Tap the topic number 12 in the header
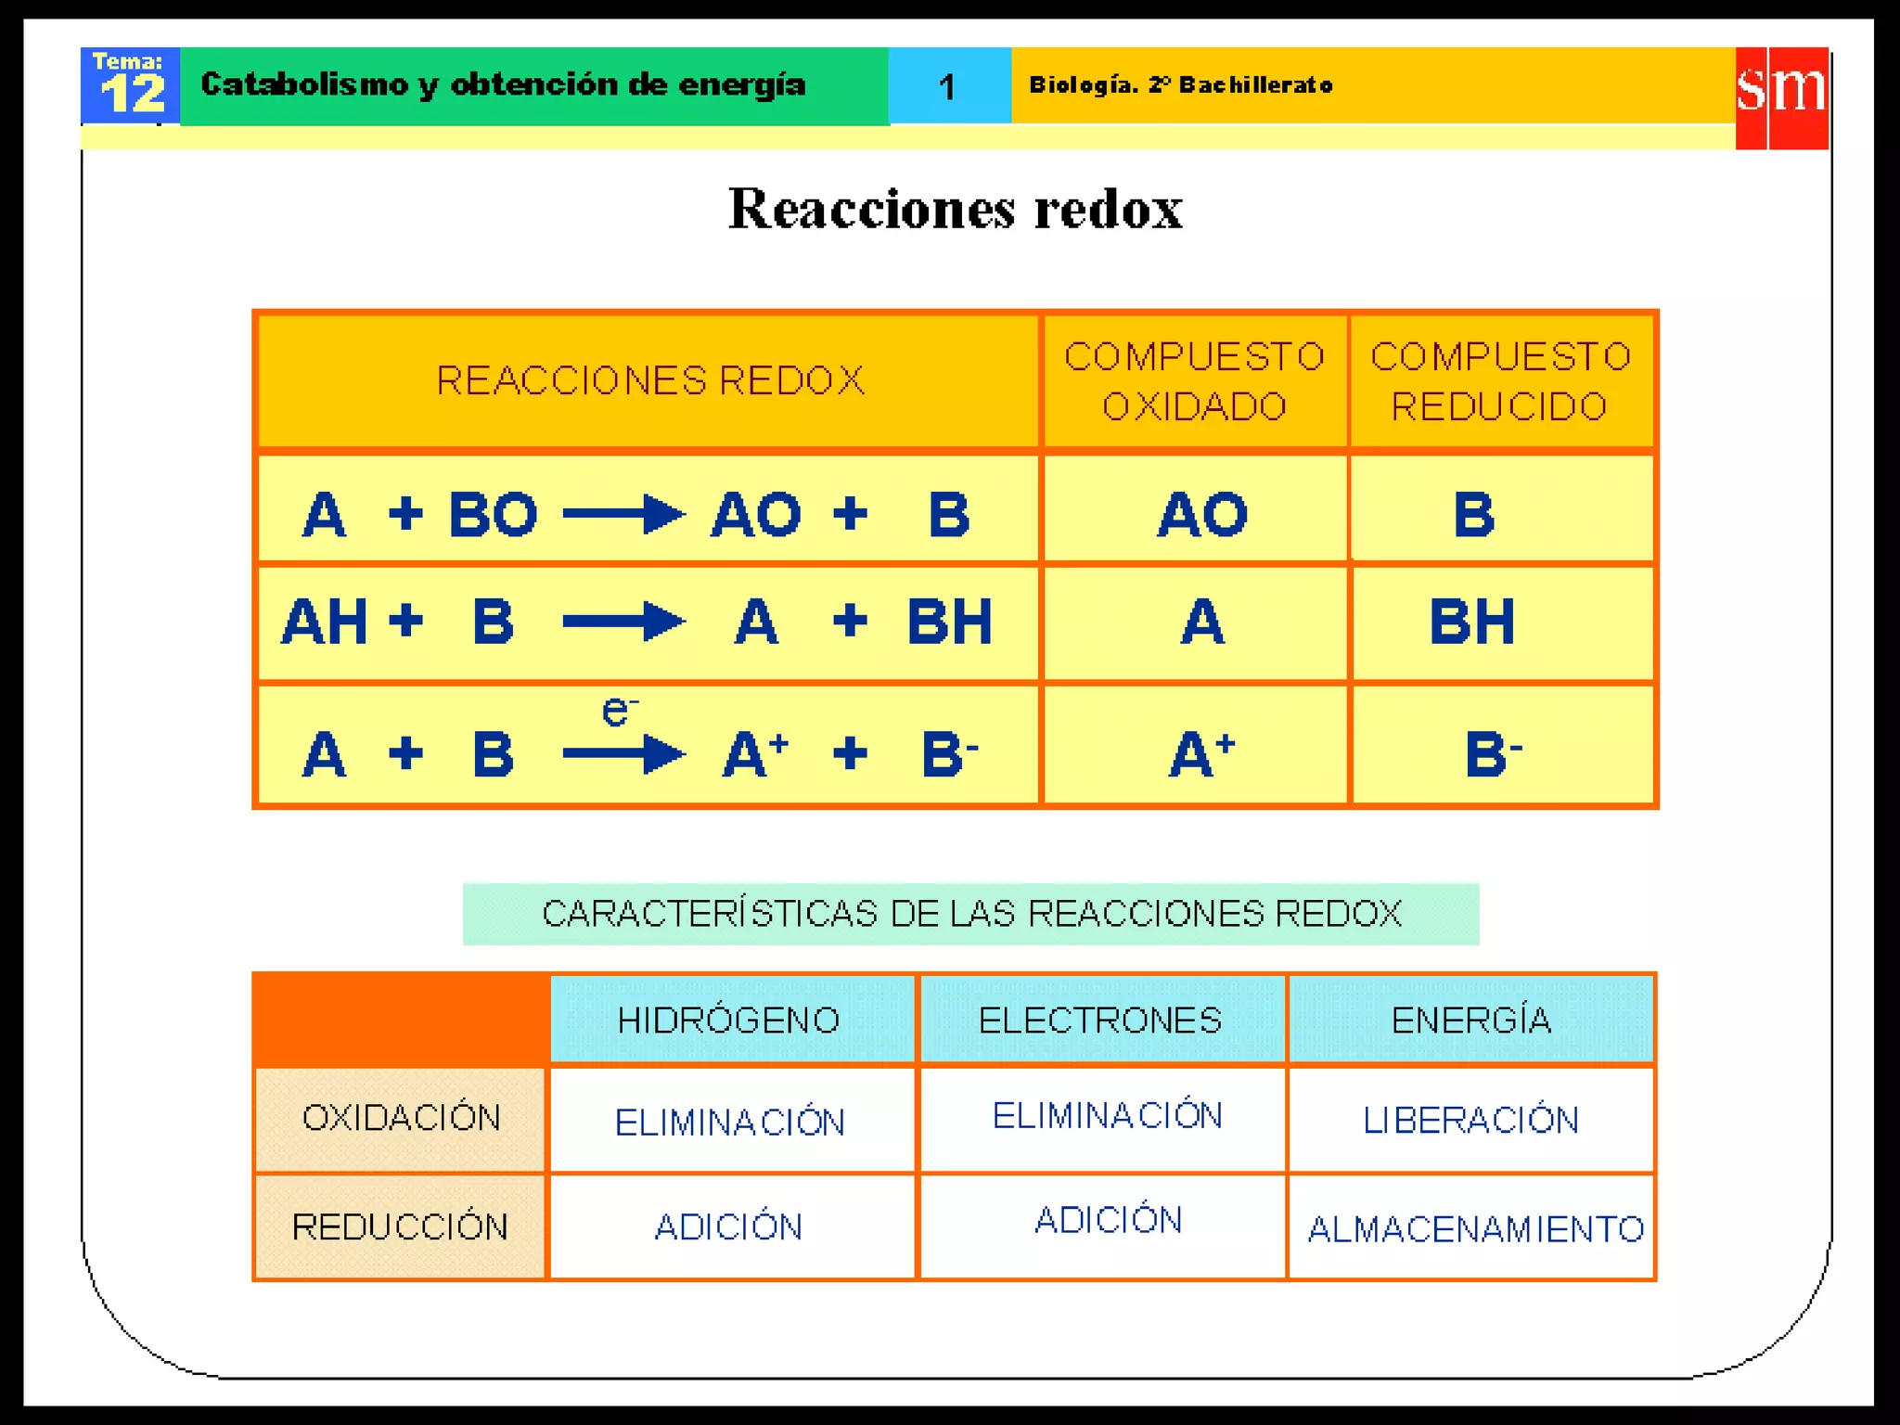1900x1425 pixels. pyautogui.click(x=132, y=93)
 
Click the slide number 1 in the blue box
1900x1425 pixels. pyautogui.click(x=947, y=87)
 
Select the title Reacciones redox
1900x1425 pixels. pyautogui.click(x=955, y=209)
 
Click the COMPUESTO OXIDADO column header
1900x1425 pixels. pyautogui.click(x=1194, y=381)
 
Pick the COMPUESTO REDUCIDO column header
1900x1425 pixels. pyautogui.click(x=1500, y=381)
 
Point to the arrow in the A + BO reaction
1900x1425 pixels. pyautogui.click(x=623, y=514)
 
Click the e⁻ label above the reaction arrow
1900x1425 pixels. pyautogui.click(x=619, y=712)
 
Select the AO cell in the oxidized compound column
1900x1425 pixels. pyautogui.click(x=1202, y=514)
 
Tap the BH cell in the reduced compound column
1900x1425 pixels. pyautogui.click(x=1472, y=622)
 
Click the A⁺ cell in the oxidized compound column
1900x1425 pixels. pyautogui.click(x=1201, y=753)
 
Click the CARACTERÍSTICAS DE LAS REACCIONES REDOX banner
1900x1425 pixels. pyautogui.click(x=970, y=914)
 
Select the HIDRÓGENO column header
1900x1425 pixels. pyautogui.click(x=729, y=1021)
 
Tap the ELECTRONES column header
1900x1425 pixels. pyautogui.click(x=1100, y=1021)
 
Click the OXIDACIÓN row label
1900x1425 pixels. pyautogui.click(x=401, y=1119)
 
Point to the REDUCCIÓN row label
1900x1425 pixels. pyautogui.click(x=400, y=1227)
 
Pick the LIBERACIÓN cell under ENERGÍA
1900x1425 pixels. pyautogui.click(x=1470, y=1121)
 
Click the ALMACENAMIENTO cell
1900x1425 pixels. pyautogui.click(x=1475, y=1229)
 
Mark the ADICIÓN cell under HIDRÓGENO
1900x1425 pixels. pyautogui.click(x=728, y=1227)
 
